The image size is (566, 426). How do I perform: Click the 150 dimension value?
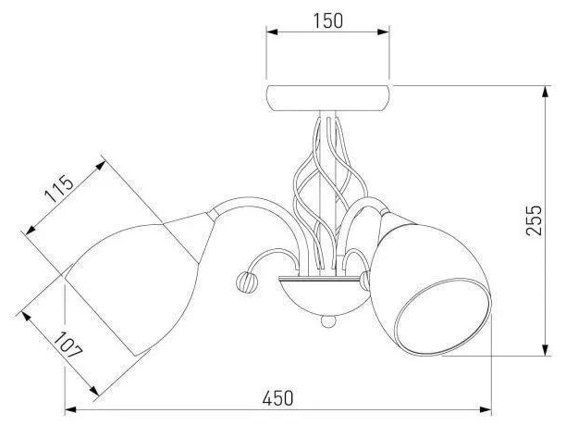(x=327, y=21)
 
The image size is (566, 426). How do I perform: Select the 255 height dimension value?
(x=534, y=220)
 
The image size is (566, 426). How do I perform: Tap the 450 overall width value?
(x=278, y=398)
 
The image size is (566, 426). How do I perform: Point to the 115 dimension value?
(x=59, y=189)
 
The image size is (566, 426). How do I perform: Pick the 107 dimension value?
(x=68, y=345)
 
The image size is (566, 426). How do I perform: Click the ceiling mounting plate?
(x=327, y=98)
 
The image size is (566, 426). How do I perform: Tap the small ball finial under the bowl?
(x=327, y=321)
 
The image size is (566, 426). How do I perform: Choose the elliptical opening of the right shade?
(x=443, y=317)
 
